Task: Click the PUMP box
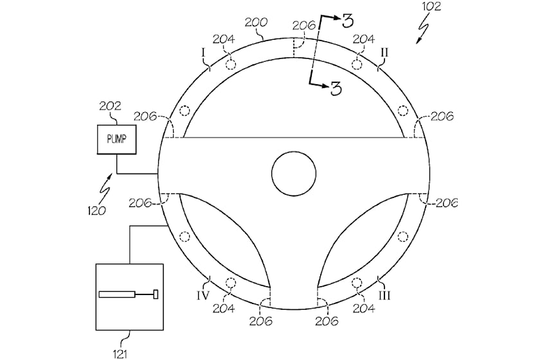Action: coord(116,136)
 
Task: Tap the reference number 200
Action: coord(256,21)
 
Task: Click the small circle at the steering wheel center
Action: coord(294,174)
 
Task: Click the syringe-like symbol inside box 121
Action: coord(129,294)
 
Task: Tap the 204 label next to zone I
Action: coord(224,40)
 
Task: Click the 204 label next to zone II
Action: coord(363,40)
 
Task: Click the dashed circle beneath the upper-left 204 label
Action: coord(231,62)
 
